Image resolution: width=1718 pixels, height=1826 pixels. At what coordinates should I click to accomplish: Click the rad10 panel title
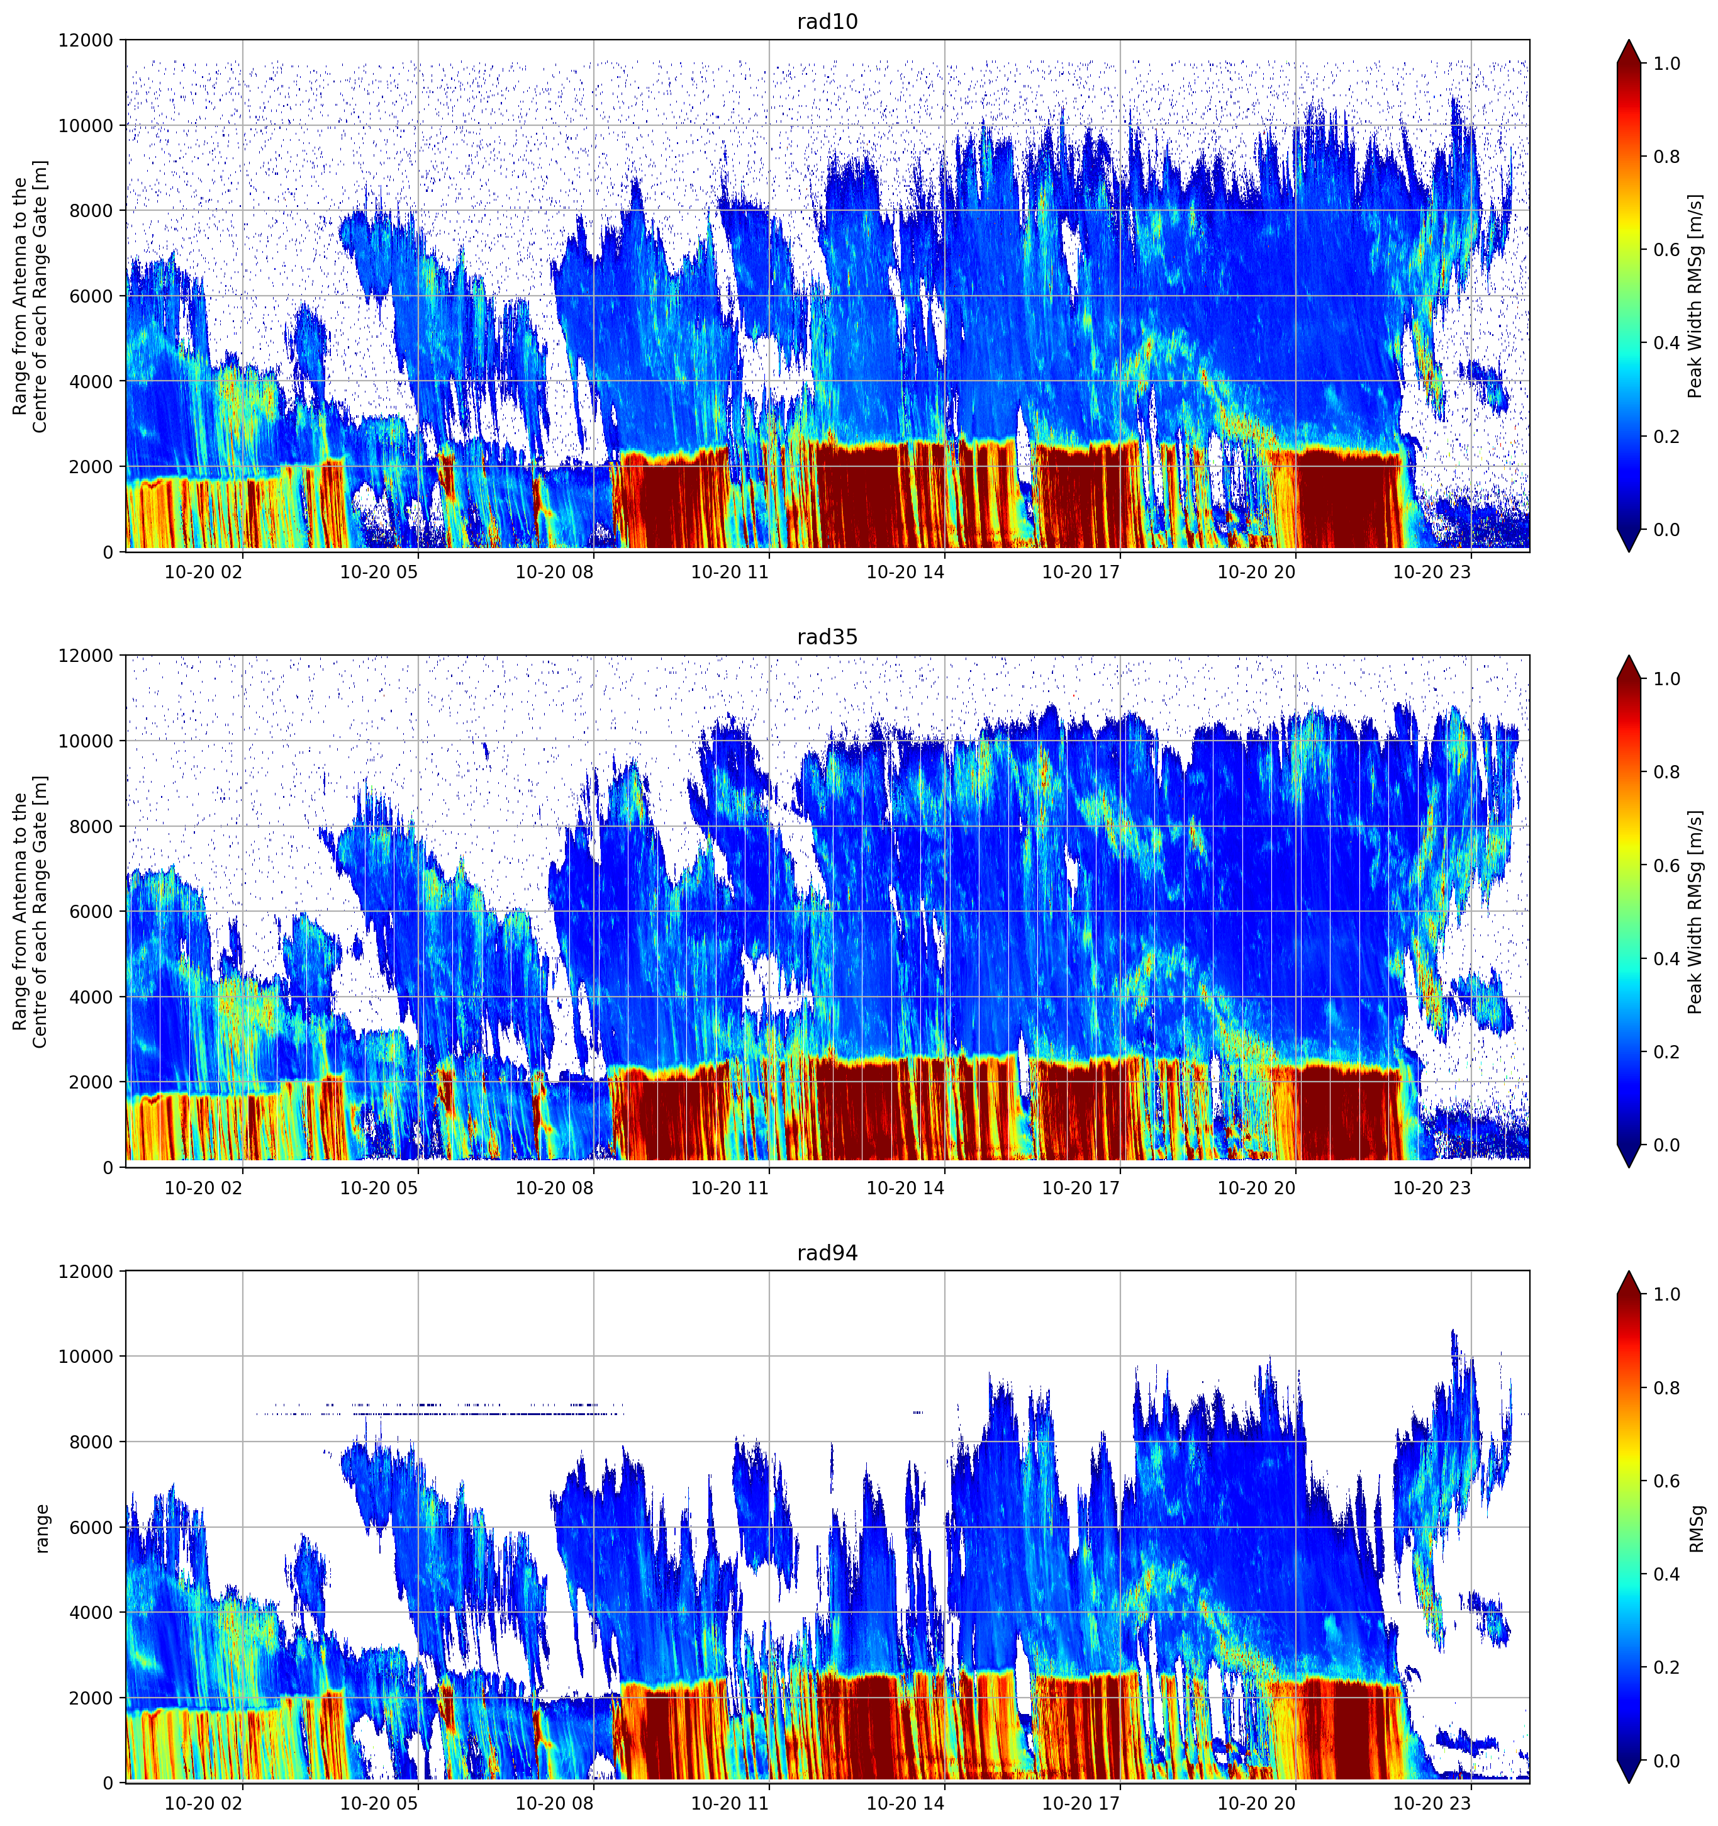pyautogui.click(x=827, y=22)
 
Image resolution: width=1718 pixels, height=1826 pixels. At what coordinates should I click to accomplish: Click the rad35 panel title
pyautogui.click(x=827, y=637)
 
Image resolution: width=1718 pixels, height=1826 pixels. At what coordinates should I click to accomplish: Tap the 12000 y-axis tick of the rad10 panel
pyautogui.click(x=86, y=40)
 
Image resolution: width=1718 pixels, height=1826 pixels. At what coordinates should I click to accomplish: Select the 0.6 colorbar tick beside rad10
pyautogui.click(x=1666, y=250)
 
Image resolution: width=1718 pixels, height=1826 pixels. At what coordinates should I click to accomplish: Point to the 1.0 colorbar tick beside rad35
pyautogui.click(x=1666, y=679)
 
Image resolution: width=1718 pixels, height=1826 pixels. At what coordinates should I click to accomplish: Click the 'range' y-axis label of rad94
pyautogui.click(x=42, y=1528)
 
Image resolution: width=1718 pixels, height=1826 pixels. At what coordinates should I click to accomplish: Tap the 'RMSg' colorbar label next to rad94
pyautogui.click(x=1696, y=1528)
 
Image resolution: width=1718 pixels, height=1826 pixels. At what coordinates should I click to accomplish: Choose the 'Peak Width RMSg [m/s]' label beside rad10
pyautogui.click(x=1695, y=296)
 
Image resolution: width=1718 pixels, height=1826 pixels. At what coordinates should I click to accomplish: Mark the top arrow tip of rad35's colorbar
pyautogui.click(x=1628, y=656)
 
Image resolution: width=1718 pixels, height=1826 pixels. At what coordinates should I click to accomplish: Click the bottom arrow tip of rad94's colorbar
pyautogui.click(x=1628, y=1783)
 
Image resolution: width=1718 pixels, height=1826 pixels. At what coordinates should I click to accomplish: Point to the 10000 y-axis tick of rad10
pyautogui.click(x=86, y=126)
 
